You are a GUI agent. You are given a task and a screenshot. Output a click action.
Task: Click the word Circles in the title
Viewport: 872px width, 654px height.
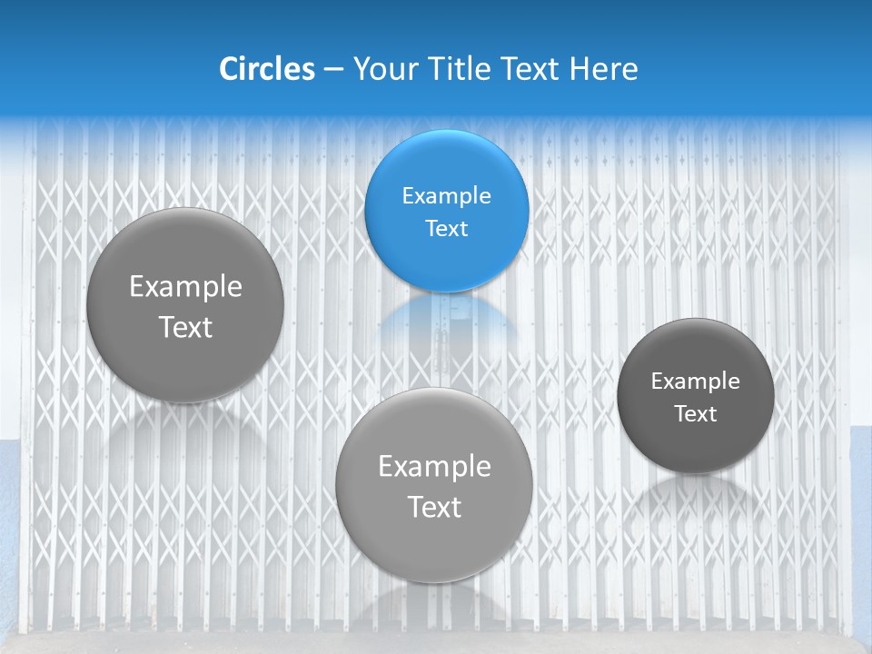click(x=266, y=69)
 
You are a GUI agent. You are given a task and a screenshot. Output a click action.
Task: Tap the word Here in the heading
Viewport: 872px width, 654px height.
click(x=603, y=69)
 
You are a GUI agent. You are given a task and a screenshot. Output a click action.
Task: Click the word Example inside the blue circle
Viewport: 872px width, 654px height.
click(x=447, y=195)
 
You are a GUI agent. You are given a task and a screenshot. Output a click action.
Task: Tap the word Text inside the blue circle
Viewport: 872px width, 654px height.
click(x=447, y=228)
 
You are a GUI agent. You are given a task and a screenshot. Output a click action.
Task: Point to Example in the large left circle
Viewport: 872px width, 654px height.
click(x=185, y=287)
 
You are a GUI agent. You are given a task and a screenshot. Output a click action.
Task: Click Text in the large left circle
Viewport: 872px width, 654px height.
click(x=185, y=327)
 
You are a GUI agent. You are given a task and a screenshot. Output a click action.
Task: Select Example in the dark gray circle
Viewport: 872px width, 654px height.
click(x=696, y=381)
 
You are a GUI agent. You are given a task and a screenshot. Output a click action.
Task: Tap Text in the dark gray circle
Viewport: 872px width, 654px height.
click(x=696, y=414)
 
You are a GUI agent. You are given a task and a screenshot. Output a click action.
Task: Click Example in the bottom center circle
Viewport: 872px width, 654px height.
click(x=434, y=466)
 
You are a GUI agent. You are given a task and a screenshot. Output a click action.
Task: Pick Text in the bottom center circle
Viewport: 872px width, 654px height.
click(x=434, y=507)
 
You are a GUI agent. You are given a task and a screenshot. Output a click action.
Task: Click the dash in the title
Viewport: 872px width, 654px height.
click(x=333, y=69)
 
